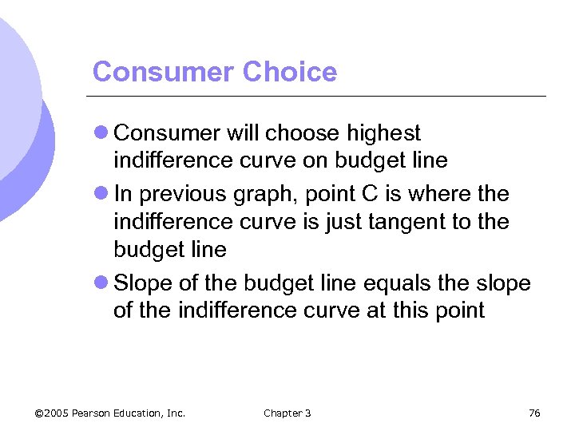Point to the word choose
point(302,132)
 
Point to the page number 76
point(534,413)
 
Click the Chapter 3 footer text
point(287,413)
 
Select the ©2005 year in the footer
point(52,413)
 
